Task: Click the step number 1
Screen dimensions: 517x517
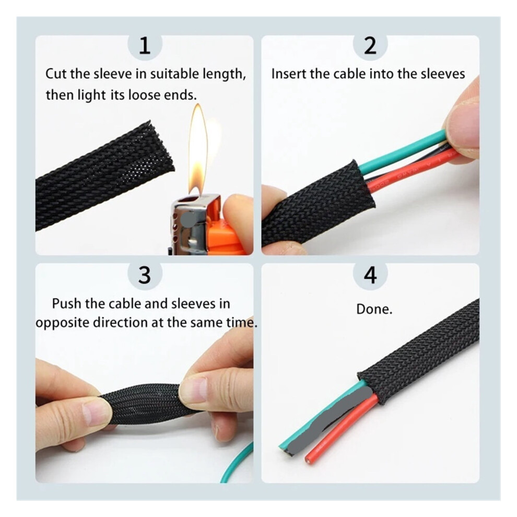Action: point(145,45)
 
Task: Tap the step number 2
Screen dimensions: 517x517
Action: point(370,45)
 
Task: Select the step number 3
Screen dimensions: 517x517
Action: point(145,275)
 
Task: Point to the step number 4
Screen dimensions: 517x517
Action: point(370,275)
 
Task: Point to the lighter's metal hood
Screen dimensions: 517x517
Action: point(195,224)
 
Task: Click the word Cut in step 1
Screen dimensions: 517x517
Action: point(56,74)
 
